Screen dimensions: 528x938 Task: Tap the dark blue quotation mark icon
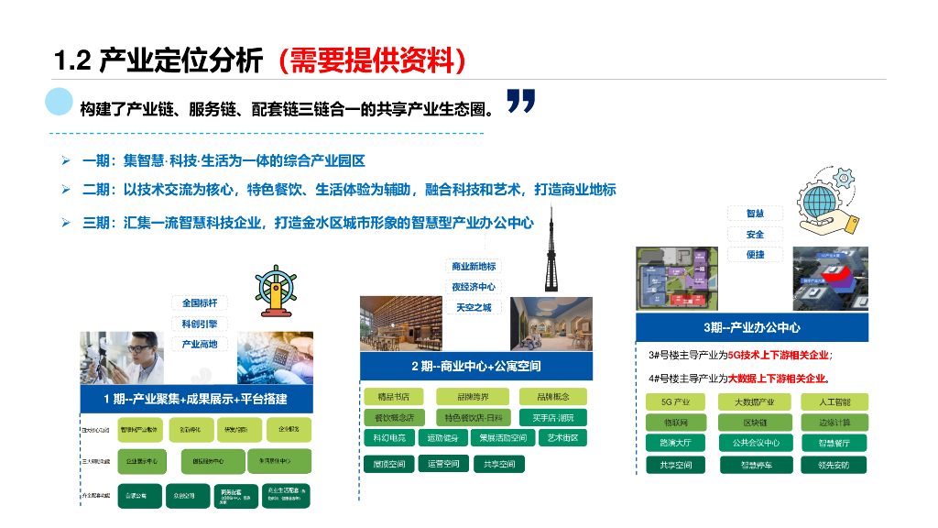pos(520,102)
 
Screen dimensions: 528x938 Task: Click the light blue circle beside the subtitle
pos(60,102)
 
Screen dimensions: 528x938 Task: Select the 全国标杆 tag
pos(199,303)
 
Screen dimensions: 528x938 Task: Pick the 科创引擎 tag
pos(199,324)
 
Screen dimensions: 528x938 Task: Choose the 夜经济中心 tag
pos(474,287)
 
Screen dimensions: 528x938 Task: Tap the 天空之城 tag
pos(474,307)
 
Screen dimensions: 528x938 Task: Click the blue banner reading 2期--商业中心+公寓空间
pos(475,367)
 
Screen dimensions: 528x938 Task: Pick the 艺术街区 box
pos(562,438)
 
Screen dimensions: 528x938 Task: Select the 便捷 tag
pos(755,254)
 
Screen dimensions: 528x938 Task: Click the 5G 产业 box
pos(675,402)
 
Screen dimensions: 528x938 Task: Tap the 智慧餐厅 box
pos(834,443)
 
